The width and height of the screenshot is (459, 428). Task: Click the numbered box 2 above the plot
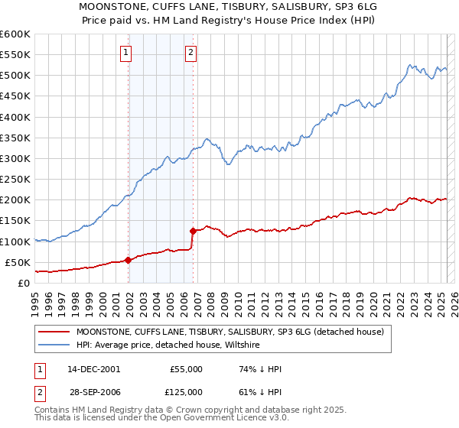point(191,53)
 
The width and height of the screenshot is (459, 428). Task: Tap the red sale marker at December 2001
point(129,260)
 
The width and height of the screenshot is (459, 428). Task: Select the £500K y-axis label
point(15,76)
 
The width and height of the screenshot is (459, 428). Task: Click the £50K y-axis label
point(18,262)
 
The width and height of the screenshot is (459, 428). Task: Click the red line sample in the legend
point(54,332)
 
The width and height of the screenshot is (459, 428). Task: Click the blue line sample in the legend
point(54,345)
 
